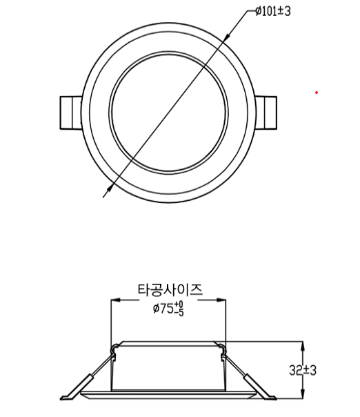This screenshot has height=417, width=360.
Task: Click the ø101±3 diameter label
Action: [x=273, y=11]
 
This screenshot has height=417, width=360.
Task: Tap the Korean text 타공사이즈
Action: [x=170, y=289]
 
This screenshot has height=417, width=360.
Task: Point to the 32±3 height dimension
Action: [x=303, y=370]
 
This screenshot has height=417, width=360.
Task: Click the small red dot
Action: [x=317, y=93]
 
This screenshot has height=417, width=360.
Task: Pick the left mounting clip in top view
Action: [x=70, y=113]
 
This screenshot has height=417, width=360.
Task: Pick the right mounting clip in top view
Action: [x=266, y=113]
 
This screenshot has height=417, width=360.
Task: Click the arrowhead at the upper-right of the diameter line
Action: [x=226, y=38]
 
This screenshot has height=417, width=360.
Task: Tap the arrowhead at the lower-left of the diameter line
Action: [x=110, y=188]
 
